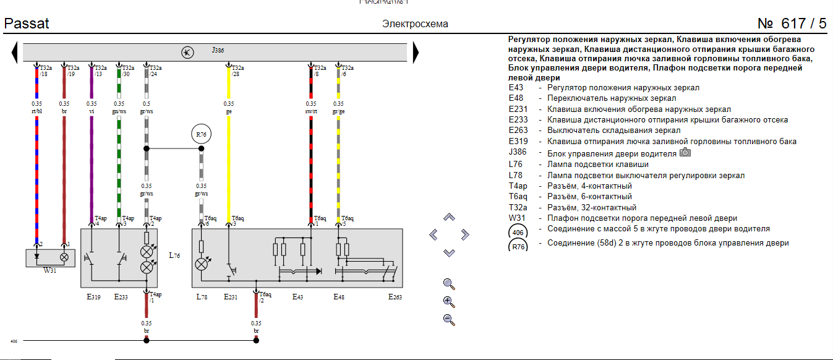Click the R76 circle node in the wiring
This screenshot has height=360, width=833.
pos(201,134)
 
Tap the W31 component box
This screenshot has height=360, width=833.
pos(50,257)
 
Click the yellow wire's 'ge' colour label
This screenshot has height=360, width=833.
pos(229,111)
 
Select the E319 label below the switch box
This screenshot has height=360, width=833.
pos(93,297)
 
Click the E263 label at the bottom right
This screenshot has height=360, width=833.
pos(395,297)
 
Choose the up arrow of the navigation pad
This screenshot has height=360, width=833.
pos(450,218)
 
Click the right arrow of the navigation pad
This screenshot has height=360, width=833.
pos(465,234)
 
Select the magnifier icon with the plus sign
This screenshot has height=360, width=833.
pos(449,302)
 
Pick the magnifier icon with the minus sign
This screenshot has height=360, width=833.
pos(449,320)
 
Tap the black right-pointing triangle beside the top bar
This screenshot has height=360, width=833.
pos(416,53)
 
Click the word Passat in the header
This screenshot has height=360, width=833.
pos(27,24)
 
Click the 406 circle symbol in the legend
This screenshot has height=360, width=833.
pos(518,233)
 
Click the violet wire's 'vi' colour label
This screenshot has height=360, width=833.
pos(92,111)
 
